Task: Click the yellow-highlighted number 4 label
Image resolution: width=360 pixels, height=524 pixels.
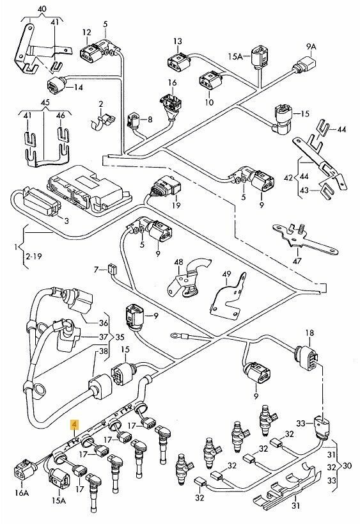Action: click(x=74, y=425)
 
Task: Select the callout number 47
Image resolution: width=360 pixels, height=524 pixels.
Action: click(x=297, y=261)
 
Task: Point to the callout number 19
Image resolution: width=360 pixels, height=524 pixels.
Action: click(x=176, y=205)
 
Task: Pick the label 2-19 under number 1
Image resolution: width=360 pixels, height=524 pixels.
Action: click(x=33, y=257)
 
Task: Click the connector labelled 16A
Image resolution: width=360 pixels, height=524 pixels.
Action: click(x=25, y=472)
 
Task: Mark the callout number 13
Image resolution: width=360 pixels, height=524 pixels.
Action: click(x=178, y=42)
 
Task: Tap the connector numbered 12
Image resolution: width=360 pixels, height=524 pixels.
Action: click(x=91, y=54)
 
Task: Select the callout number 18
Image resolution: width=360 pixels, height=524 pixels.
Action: click(x=309, y=333)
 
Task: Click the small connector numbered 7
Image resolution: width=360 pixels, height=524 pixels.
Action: click(x=111, y=268)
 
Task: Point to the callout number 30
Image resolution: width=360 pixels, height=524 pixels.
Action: click(x=347, y=466)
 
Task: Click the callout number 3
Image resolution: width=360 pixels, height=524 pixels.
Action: click(x=67, y=221)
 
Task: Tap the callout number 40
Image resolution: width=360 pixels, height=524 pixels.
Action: click(x=42, y=9)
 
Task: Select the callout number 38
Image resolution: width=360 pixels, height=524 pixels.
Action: click(x=104, y=351)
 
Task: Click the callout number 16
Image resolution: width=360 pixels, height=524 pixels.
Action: click(x=172, y=83)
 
